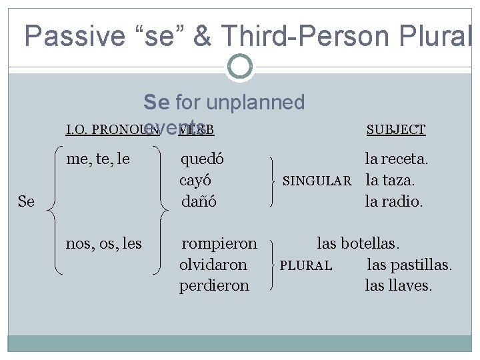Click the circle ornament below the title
239,66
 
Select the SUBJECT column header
396,129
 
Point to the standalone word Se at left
26,200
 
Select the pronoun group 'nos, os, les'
103,244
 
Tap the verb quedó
203,159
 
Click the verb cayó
199,180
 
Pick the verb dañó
201,200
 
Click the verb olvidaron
213,265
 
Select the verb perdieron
214,285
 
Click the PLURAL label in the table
305,265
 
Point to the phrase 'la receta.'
396,159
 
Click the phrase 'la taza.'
391,180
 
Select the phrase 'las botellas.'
360,244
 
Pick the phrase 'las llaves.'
399,285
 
